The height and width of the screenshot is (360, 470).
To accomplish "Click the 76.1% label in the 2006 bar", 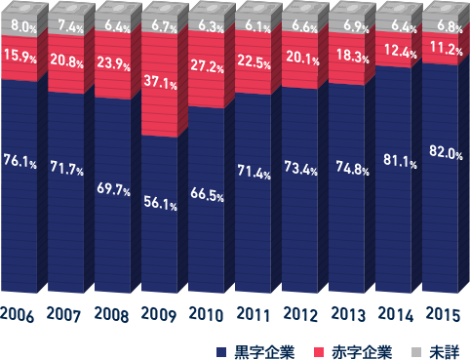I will click(20, 161).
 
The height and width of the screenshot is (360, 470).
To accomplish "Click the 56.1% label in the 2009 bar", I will click(160, 203).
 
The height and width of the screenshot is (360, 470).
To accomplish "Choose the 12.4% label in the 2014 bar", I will click(397, 50).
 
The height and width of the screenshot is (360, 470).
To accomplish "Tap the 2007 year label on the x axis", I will click(65, 314).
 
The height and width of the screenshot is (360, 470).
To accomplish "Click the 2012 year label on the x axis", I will click(302, 314).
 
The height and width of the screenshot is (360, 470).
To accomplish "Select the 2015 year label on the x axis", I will click(445, 314).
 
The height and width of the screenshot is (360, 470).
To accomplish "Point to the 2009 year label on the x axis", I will click(160, 314).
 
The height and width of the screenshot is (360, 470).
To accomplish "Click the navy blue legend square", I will click(221, 350).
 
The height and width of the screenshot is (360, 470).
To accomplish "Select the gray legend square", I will click(414, 350).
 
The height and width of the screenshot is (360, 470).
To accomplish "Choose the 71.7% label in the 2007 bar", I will click(66, 169).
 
